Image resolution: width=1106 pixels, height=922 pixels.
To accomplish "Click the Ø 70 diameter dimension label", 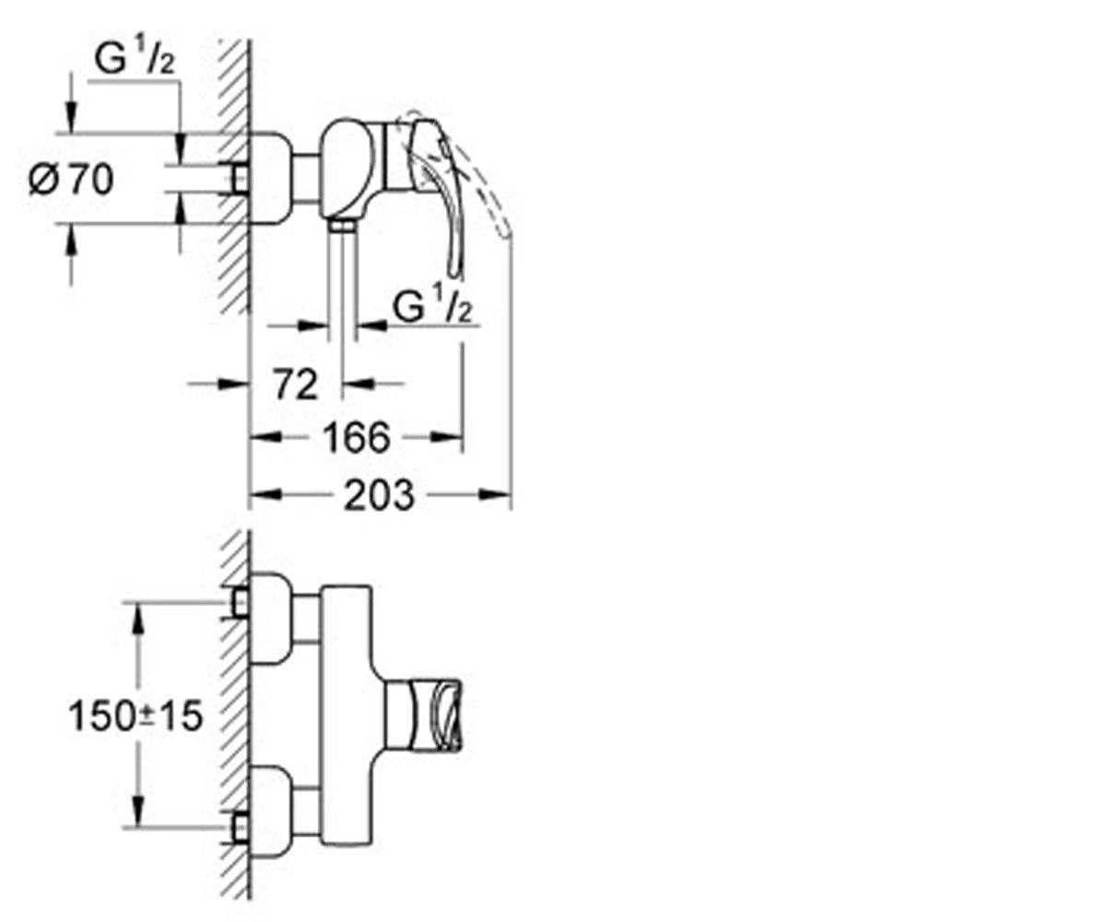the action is coord(71,180).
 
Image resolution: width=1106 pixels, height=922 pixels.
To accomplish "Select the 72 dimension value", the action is coord(296,384).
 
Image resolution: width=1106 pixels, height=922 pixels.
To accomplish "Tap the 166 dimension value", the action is coord(357,438).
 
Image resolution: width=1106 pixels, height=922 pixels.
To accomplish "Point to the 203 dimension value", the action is coord(379,495).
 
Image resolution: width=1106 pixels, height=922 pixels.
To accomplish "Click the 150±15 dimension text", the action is coord(135,715).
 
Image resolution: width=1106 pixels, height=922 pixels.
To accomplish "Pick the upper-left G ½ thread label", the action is coord(135,59).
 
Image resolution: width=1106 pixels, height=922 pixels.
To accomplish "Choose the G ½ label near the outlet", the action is coord(432,304).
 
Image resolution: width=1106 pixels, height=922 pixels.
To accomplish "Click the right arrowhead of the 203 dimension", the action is coord(495,495).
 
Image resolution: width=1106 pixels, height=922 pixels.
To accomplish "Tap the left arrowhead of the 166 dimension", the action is coord(265,437).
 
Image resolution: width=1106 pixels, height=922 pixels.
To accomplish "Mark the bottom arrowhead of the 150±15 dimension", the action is coord(137,810).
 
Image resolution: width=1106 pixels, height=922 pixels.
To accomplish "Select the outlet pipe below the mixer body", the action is coord(342,276).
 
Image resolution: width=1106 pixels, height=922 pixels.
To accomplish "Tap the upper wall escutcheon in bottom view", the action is coord(271,619).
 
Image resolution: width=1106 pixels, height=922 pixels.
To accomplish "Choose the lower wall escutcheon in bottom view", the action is coord(271,812).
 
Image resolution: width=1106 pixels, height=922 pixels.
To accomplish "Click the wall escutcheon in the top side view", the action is coord(271,179).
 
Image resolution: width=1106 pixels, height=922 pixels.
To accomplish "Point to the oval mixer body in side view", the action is coord(347,169).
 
